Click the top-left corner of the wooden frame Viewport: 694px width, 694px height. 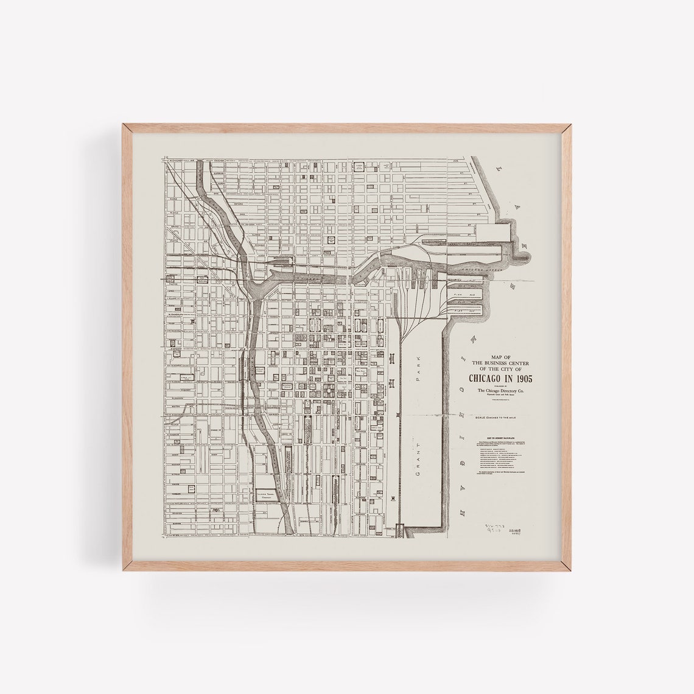click(x=123, y=124)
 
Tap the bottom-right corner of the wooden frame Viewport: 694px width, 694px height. click(x=572, y=571)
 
